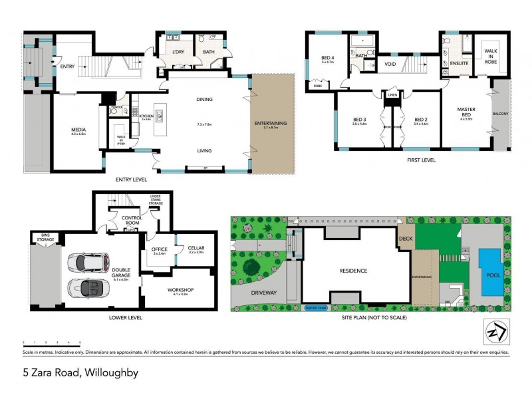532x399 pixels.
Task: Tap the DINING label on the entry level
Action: click(x=204, y=100)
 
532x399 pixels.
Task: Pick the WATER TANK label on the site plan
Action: click(x=316, y=308)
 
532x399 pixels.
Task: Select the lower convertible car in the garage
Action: click(x=88, y=288)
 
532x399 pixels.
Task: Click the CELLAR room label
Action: click(x=196, y=248)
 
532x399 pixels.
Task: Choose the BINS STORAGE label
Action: click(x=45, y=236)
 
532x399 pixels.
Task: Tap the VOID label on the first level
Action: click(x=390, y=65)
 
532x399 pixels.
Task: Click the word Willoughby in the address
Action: click(x=110, y=372)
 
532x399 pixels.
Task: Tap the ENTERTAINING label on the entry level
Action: click(x=271, y=124)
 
